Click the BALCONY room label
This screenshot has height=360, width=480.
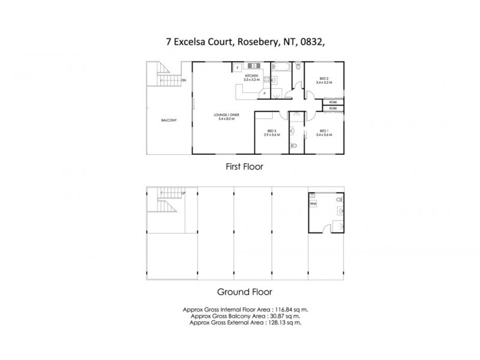point(169,121)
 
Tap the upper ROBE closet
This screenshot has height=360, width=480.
point(332,103)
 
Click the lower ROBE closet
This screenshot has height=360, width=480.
point(332,109)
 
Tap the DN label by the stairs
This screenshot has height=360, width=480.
point(183,80)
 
